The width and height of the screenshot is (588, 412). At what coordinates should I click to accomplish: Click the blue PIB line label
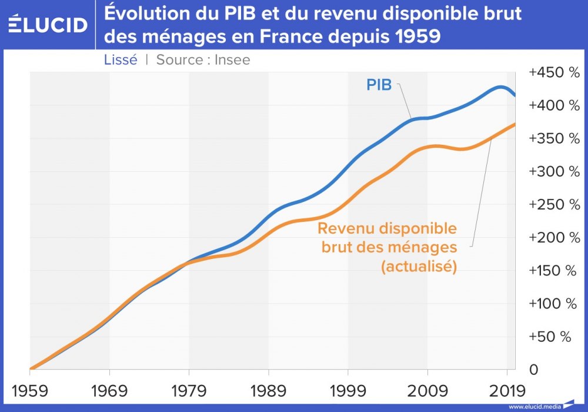[x=379, y=85]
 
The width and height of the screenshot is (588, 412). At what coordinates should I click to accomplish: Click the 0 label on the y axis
[x=534, y=370]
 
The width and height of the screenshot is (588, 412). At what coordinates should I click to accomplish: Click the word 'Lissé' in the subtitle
[x=121, y=60]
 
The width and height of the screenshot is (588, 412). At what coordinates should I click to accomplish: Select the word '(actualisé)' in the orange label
[x=419, y=266]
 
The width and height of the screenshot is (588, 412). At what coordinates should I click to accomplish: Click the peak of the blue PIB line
[x=500, y=87]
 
